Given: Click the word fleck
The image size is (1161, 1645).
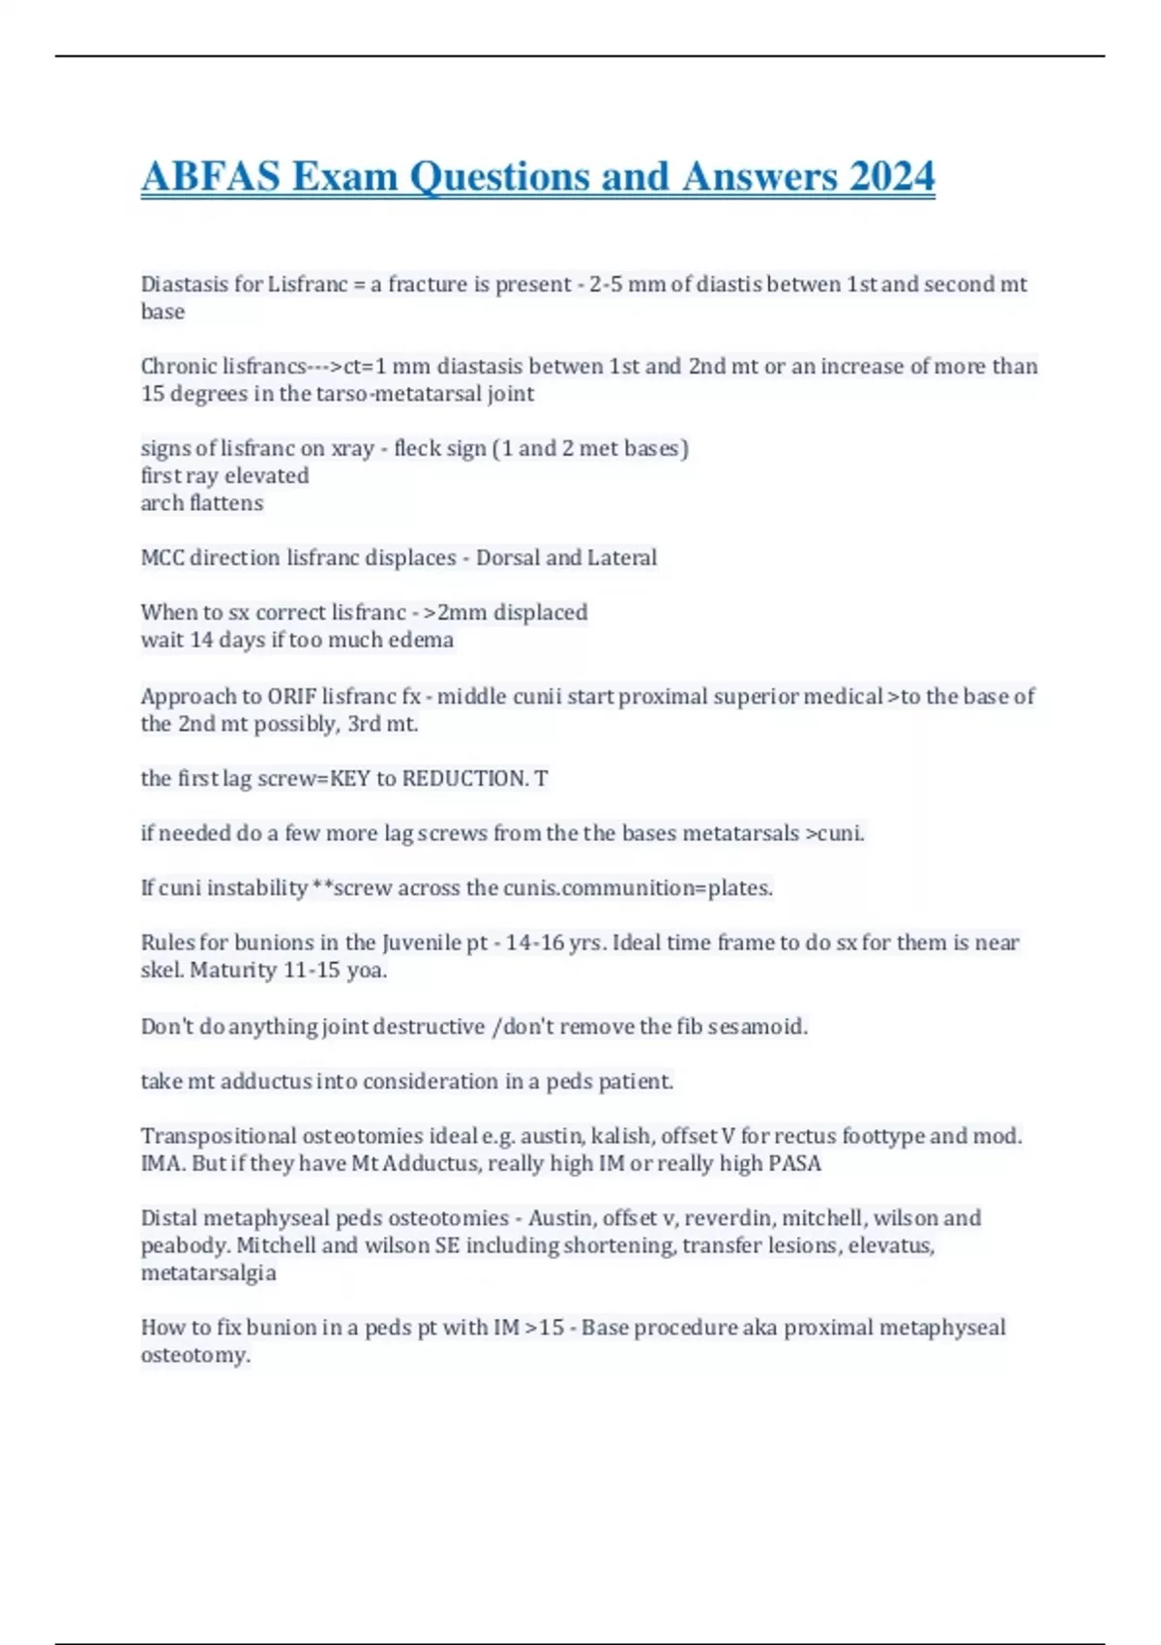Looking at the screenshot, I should (x=417, y=449).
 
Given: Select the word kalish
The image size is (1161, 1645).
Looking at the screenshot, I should (x=621, y=1136).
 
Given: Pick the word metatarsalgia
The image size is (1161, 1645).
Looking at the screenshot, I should (x=208, y=1273).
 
